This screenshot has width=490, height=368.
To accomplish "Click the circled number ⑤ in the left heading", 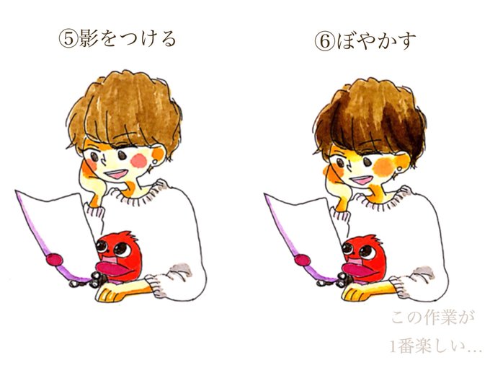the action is (x=68, y=39).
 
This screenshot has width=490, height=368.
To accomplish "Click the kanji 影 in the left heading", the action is (x=89, y=39).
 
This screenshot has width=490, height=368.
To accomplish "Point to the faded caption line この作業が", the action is (x=432, y=318).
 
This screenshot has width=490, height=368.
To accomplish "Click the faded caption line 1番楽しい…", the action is (x=436, y=346).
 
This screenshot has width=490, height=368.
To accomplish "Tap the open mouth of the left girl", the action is (x=116, y=173).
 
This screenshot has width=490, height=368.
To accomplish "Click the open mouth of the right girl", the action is (x=361, y=179).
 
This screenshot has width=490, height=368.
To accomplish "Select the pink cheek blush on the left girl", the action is (x=139, y=161).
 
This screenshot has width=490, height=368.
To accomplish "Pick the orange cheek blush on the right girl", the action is (x=383, y=166).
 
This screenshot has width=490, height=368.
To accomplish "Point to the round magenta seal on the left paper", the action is (x=54, y=260).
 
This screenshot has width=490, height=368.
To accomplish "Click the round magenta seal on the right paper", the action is (x=303, y=260).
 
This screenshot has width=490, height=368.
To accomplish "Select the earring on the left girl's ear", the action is (x=153, y=162).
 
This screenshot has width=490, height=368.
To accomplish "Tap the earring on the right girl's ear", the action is (x=398, y=170).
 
